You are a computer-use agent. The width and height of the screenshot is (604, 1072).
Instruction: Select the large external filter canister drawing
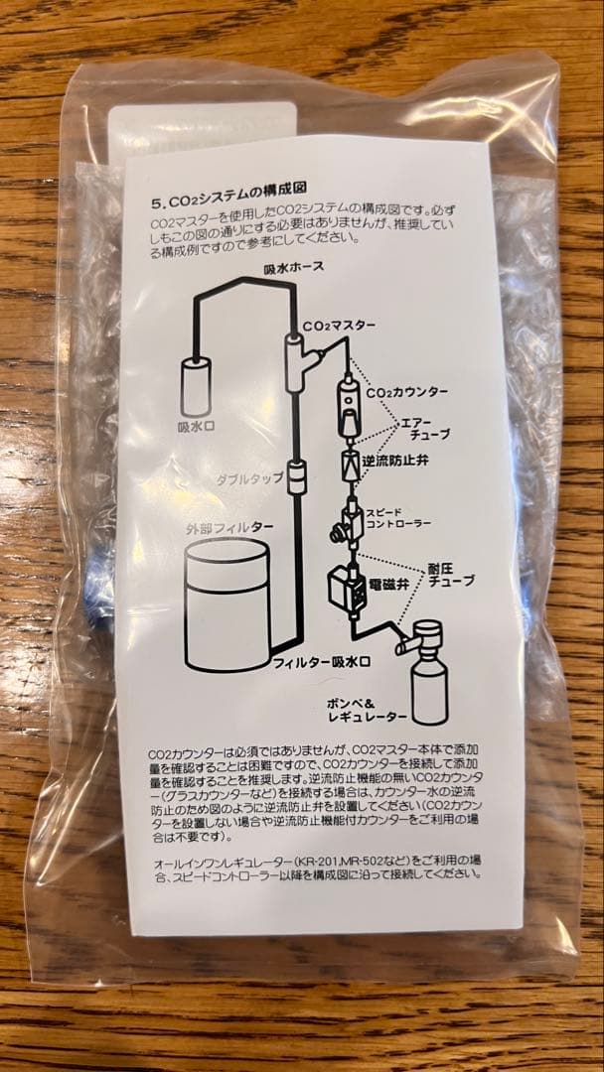(x=227, y=606)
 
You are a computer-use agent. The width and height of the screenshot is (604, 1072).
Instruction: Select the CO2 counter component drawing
(x=349, y=407)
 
